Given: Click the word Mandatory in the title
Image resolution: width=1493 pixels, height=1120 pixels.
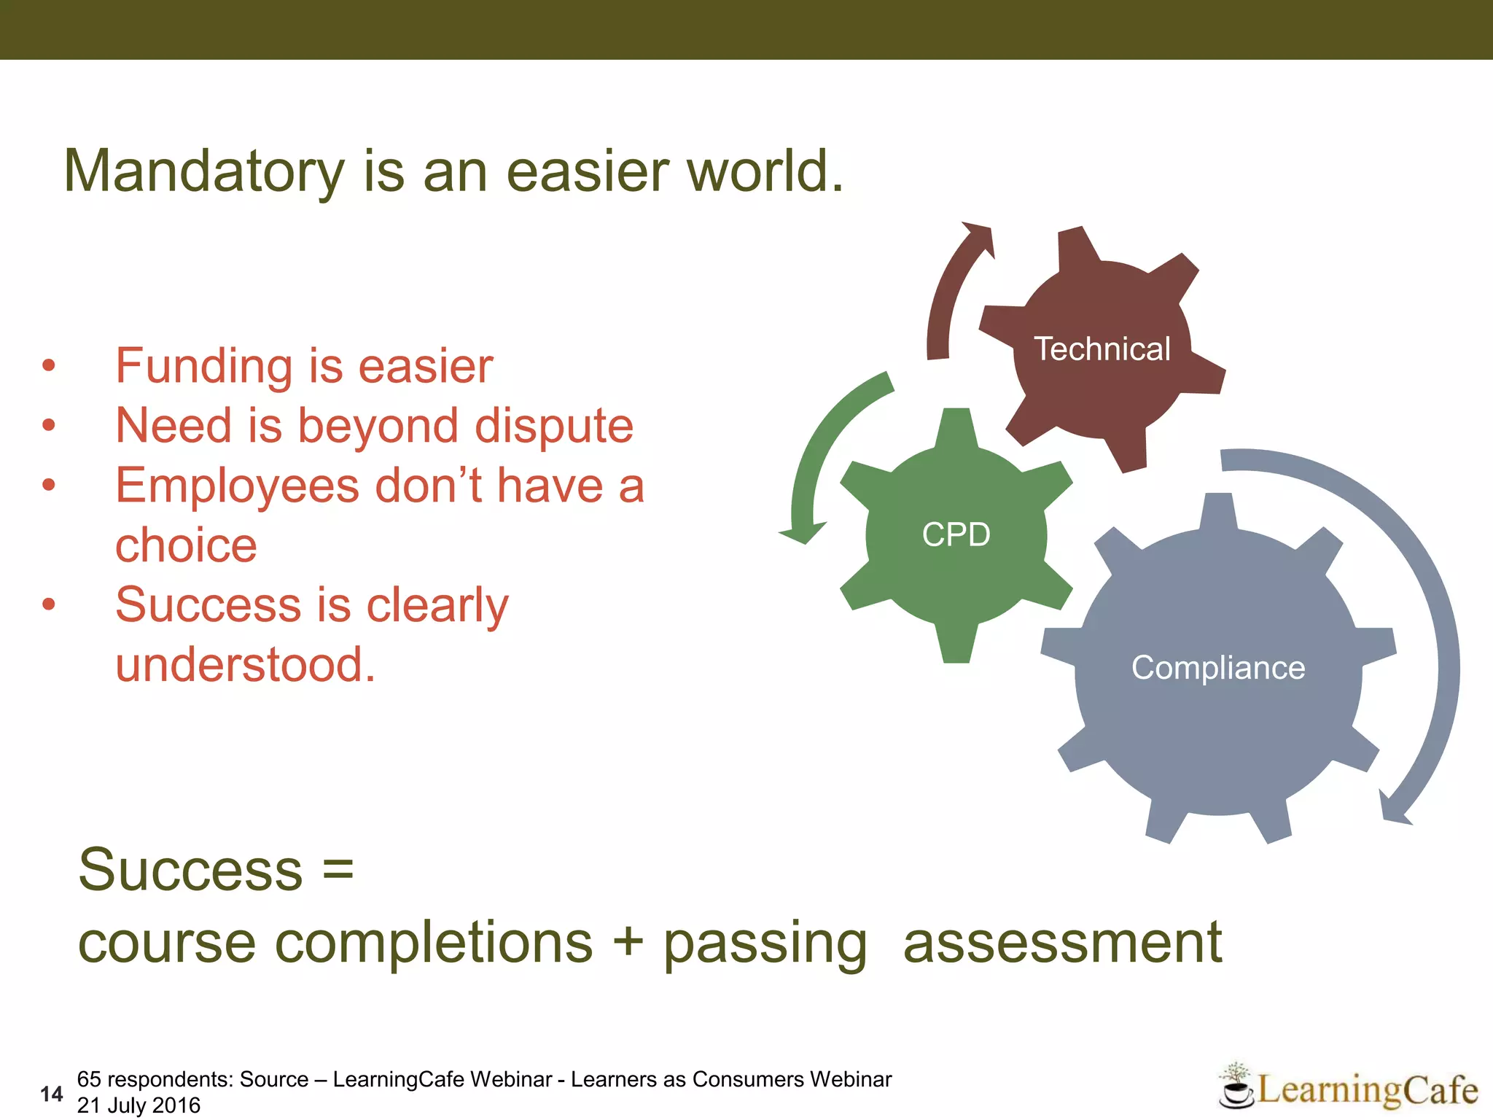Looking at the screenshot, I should tap(204, 172).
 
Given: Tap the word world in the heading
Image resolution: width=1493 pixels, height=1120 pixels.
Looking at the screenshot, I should tap(758, 172).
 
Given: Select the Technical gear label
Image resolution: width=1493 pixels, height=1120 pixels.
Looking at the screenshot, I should tap(1102, 349).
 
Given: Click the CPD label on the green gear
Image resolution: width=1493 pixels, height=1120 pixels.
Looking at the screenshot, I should tap(956, 534).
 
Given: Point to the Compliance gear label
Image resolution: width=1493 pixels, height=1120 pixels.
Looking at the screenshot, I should tap(1218, 668).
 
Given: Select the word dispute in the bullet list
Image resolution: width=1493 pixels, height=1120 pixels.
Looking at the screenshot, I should tap(554, 426).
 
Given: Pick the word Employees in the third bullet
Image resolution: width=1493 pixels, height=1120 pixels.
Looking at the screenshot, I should tap(237, 486).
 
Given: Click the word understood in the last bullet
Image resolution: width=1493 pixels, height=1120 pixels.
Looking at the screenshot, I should tap(245, 665).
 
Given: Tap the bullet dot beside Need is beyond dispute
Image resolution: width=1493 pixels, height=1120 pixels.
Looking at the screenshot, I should tap(49, 425).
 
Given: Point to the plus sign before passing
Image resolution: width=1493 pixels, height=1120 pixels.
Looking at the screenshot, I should tap(628, 942).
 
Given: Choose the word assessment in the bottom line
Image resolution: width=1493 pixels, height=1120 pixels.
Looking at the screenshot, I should tap(1062, 942).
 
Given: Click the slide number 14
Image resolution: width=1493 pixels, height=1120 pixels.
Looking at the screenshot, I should tap(52, 1094).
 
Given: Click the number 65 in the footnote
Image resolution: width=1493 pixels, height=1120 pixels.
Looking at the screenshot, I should tap(89, 1079).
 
